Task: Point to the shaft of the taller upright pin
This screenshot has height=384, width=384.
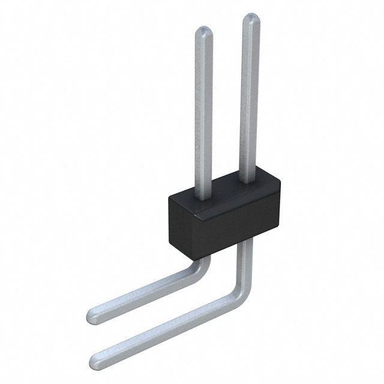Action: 249,96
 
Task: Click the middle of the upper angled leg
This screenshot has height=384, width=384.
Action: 144,293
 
